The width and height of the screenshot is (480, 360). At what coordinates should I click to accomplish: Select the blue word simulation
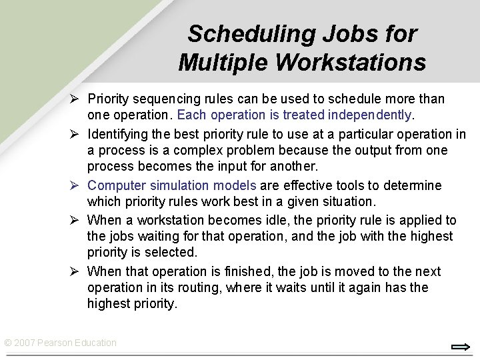[177, 185]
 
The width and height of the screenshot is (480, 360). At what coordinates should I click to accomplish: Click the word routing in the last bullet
[201, 288]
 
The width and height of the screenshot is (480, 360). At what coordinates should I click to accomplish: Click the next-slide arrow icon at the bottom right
[461, 347]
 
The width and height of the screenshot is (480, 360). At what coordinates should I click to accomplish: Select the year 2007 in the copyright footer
[25, 343]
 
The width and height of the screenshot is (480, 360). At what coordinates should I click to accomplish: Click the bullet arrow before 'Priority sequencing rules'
[77, 99]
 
